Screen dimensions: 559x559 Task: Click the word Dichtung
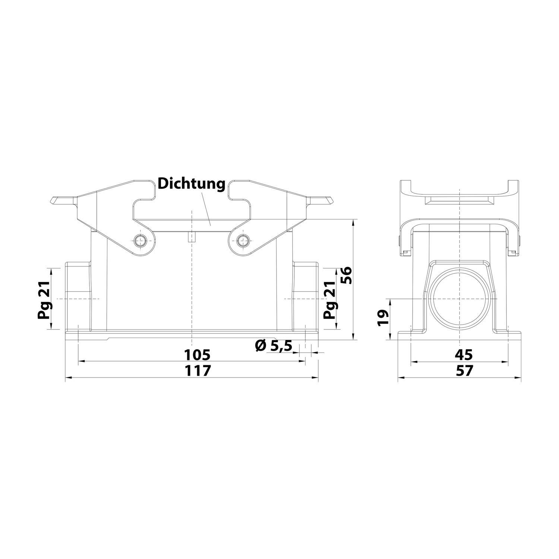coord(192,184)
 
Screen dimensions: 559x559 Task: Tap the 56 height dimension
coord(346,275)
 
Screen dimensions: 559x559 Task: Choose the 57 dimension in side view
coord(461,371)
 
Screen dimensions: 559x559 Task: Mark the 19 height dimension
coord(383,319)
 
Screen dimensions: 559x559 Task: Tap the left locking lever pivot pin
coord(141,240)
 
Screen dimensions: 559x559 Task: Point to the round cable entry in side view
coord(461,299)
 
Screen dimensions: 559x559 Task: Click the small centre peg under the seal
coord(192,237)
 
